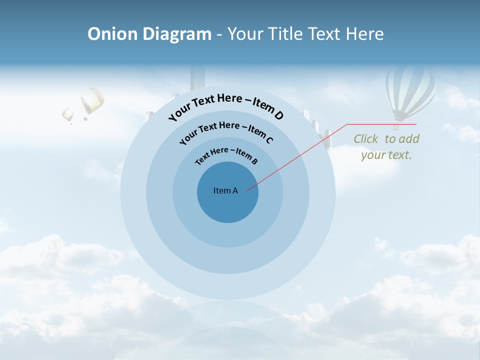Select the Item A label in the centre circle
coord(225,190)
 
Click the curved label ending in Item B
coord(226,154)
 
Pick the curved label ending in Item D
coord(226,106)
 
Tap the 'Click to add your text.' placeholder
coord(386,147)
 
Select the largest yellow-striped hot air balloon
coord(92,101)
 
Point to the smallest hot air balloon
coord(67,115)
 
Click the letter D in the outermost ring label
coord(278,116)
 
